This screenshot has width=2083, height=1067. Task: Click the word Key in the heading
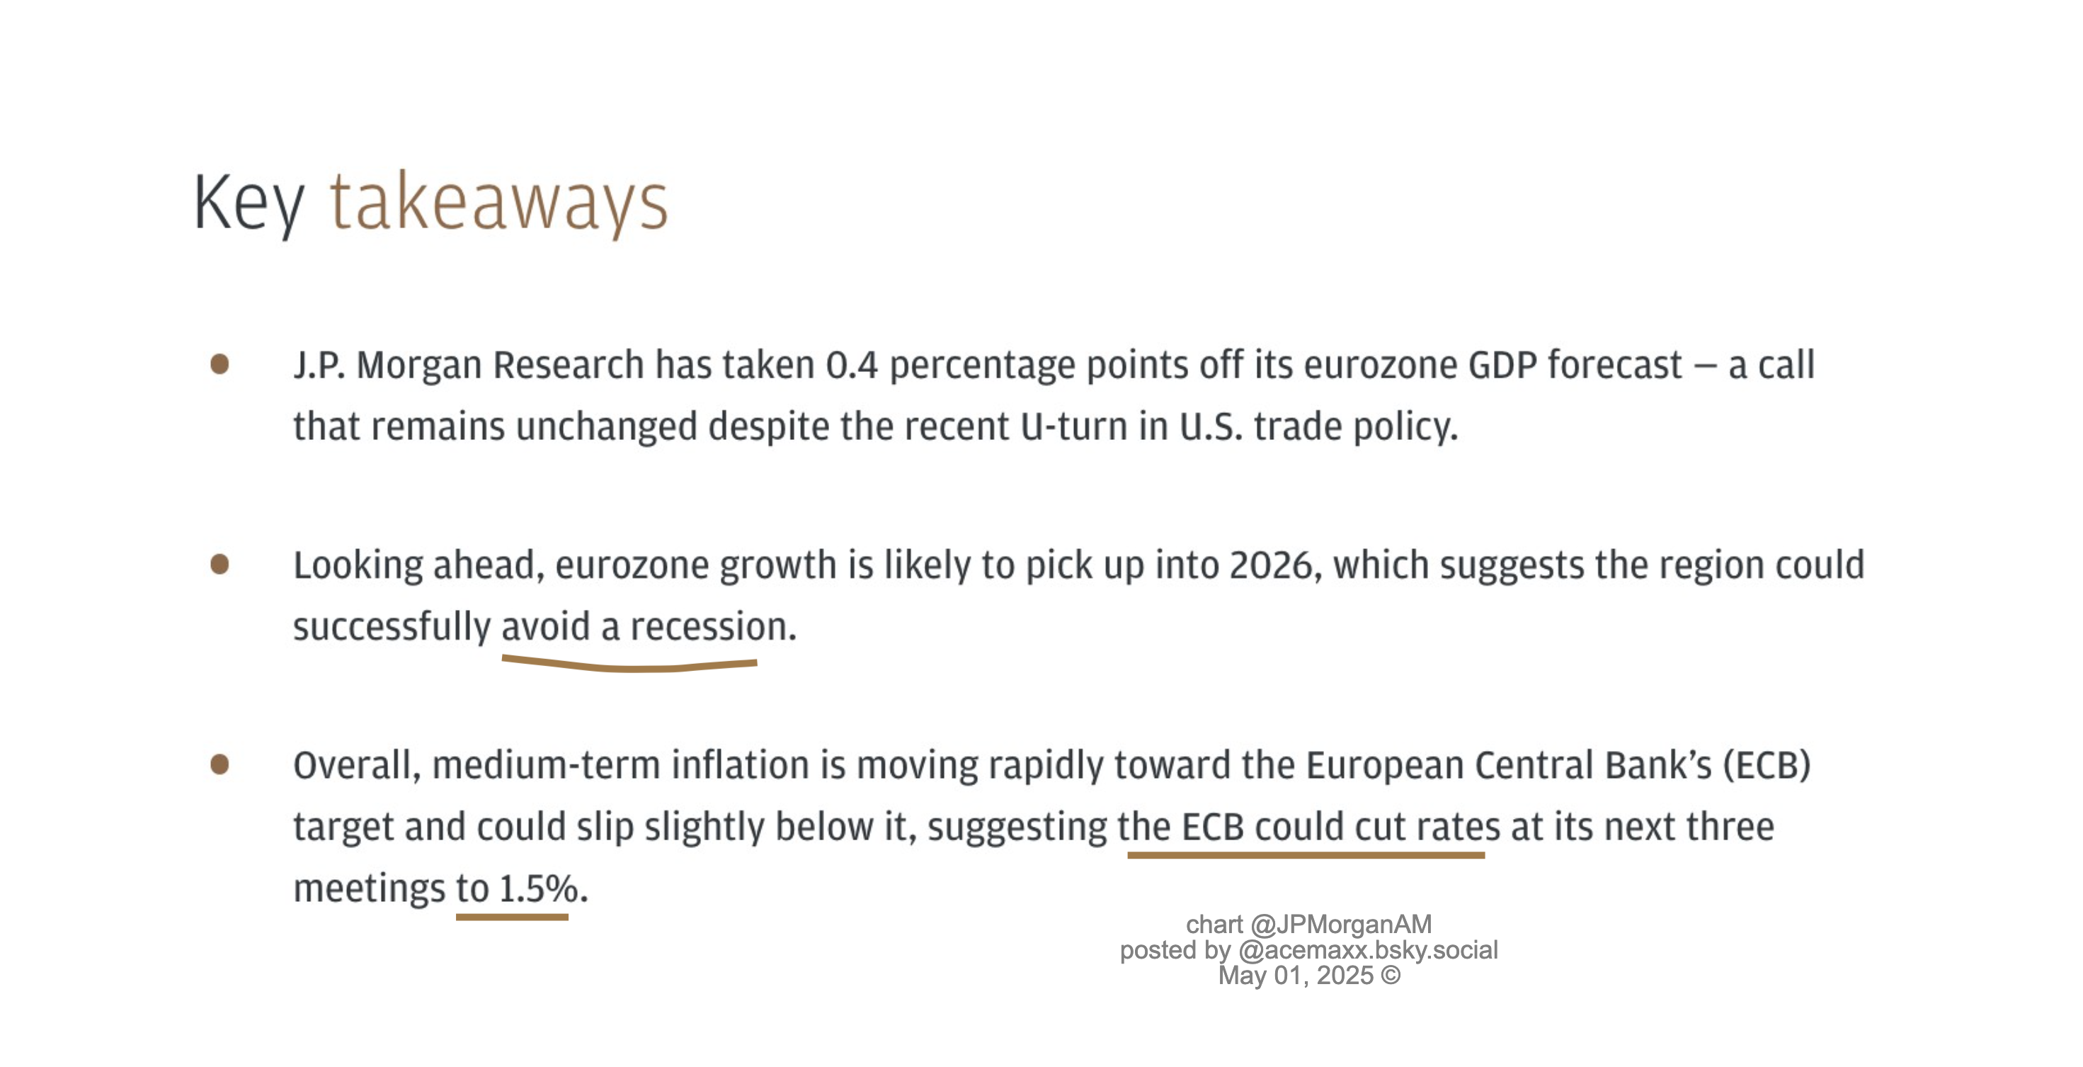coord(249,205)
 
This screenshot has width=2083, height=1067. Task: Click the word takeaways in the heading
coord(499,205)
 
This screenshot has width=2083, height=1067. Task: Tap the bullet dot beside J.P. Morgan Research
coord(219,364)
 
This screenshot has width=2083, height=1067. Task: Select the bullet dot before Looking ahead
coord(219,564)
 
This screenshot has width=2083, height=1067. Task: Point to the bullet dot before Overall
coord(219,764)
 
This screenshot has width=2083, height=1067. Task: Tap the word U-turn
coord(1074,427)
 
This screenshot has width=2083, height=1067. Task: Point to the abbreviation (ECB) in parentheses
coord(1767,765)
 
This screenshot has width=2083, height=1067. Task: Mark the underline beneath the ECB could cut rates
coord(1306,855)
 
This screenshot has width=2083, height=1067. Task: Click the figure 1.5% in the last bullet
coord(537,889)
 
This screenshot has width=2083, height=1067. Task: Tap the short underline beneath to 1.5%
coord(512,918)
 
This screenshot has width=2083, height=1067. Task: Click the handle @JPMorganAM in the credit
coord(1341,925)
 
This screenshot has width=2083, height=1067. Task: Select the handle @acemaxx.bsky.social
coord(1367,949)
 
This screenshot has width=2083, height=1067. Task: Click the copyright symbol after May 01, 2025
coord(1391,976)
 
